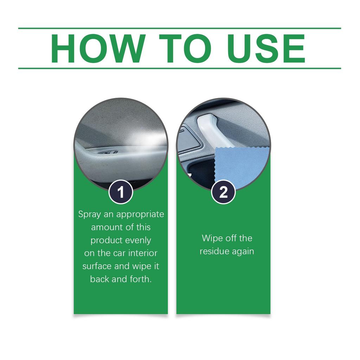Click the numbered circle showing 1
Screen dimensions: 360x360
[x=121, y=192]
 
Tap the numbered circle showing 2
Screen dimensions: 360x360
[x=223, y=192]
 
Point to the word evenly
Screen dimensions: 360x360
[x=139, y=240]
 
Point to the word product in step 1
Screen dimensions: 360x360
[x=105, y=241]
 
